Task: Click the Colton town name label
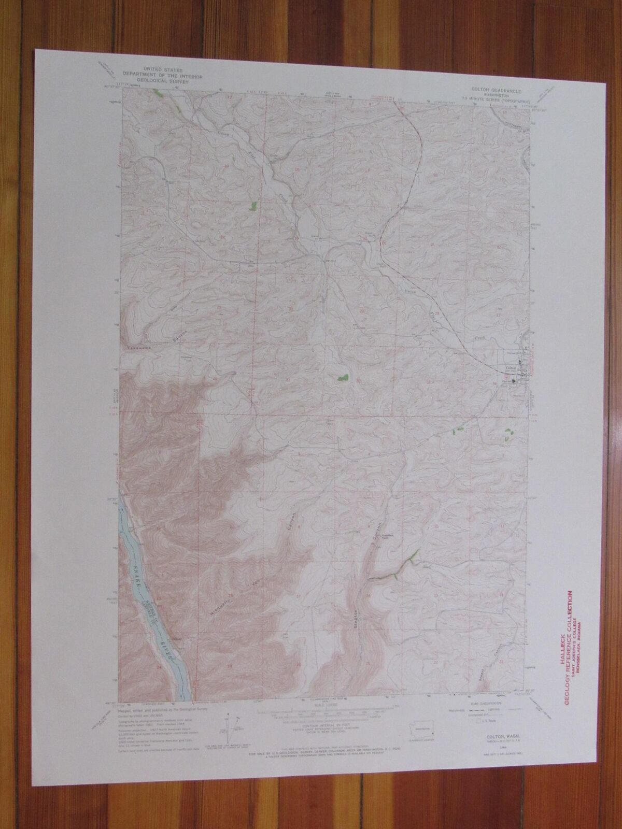[x=511, y=368]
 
